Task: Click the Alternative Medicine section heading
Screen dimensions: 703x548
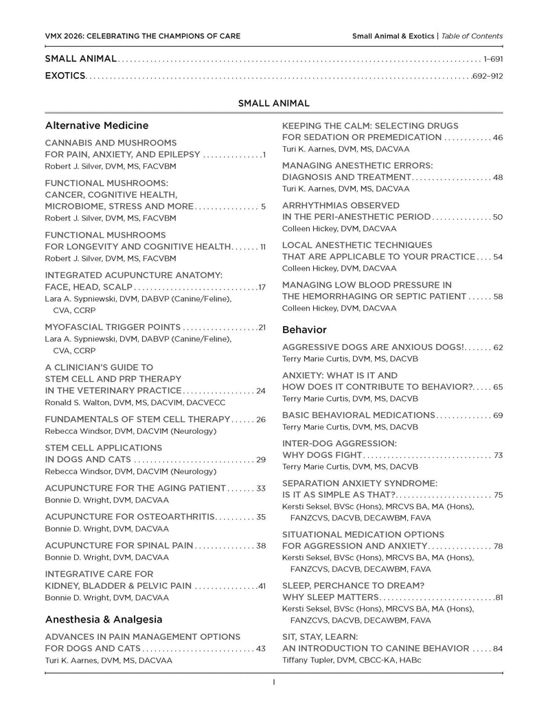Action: point(96,126)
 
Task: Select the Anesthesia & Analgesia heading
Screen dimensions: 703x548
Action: point(103,619)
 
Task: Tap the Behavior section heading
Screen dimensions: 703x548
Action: point(304,330)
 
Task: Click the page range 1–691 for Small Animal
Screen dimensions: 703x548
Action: point(493,60)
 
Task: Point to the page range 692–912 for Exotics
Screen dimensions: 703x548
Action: point(488,76)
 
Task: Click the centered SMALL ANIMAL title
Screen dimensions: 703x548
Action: point(274,103)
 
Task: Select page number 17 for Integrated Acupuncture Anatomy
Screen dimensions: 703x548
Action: point(262,286)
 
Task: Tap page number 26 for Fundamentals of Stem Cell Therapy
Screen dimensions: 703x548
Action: point(261,419)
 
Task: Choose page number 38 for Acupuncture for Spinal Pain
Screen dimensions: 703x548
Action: point(261,546)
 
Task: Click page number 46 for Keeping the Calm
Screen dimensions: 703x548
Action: point(498,137)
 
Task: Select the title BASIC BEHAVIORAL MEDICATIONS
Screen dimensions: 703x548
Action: point(358,415)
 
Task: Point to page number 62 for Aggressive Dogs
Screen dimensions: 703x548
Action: point(498,347)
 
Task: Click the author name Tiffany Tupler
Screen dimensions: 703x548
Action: point(310,660)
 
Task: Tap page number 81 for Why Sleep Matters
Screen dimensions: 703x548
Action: point(499,597)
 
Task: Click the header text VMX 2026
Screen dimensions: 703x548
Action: point(63,36)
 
